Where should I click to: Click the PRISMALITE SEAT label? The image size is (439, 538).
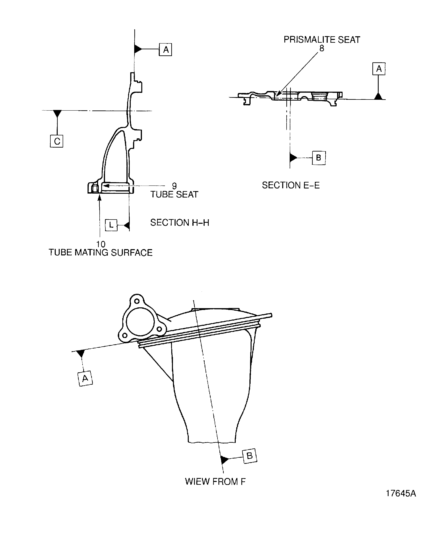[322, 40]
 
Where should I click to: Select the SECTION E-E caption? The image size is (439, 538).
[291, 185]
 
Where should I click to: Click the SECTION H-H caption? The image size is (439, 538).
[180, 223]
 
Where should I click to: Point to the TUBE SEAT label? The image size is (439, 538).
[174, 195]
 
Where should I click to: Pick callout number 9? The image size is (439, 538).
[174, 186]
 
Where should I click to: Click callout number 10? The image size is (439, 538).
[101, 244]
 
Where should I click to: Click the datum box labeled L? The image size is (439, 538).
[111, 225]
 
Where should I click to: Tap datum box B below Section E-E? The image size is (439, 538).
[319, 158]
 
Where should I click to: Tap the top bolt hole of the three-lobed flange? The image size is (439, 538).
[137, 301]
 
